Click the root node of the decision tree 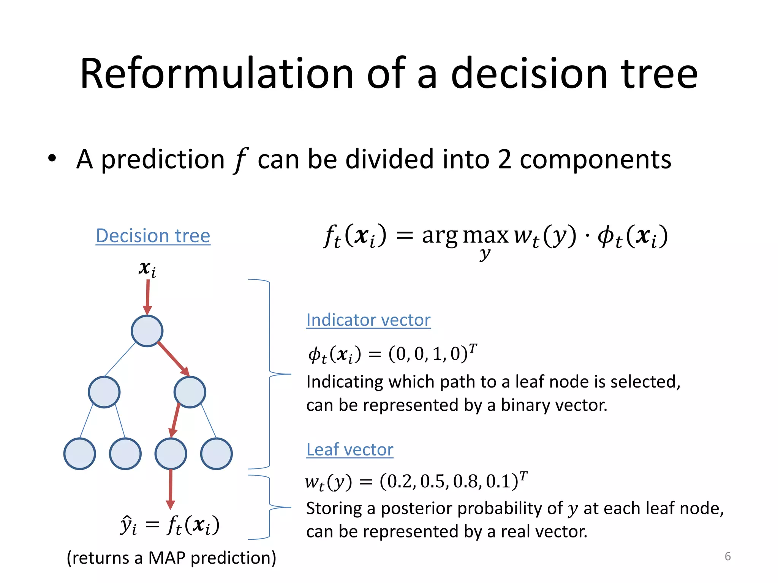(147, 331)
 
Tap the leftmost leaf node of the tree (79, 454)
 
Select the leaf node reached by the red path (171, 454)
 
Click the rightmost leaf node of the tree (216, 454)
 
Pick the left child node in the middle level (104, 392)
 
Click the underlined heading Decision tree (153, 236)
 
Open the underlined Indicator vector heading (368, 320)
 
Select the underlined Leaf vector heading (349, 450)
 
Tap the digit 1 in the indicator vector (437, 354)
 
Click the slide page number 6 (727, 556)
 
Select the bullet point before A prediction (52, 158)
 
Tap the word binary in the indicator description (525, 405)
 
